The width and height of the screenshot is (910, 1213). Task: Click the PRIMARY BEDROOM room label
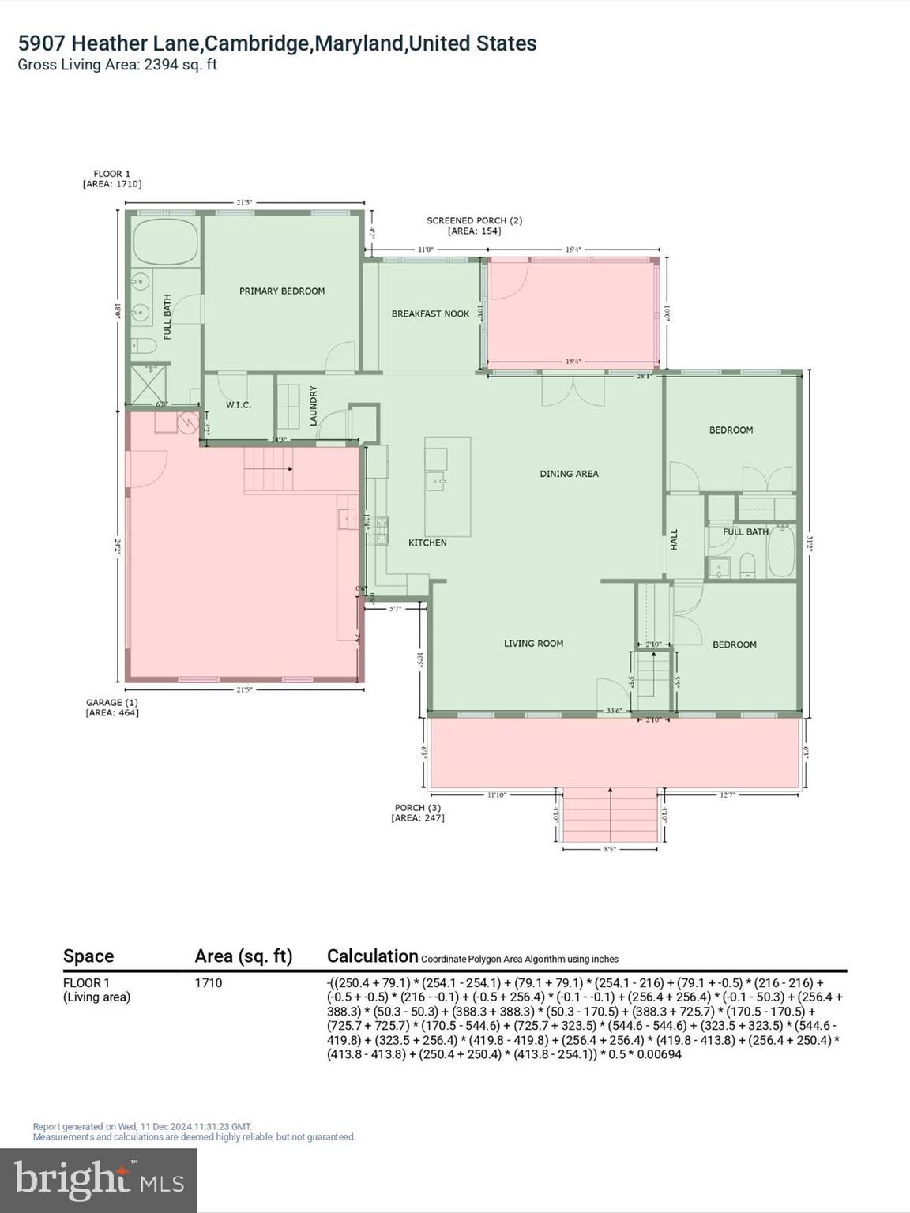point(282,291)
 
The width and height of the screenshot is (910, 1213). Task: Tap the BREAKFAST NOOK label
point(431,314)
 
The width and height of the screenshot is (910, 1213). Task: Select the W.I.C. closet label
point(239,405)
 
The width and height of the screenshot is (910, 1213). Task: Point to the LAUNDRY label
point(313,406)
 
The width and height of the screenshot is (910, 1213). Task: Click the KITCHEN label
point(427,543)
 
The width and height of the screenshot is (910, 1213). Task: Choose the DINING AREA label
point(569,474)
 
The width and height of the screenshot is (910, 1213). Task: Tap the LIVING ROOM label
point(533,644)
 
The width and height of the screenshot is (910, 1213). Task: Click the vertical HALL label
point(674,540)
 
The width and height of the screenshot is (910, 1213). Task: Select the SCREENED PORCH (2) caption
point(474,221)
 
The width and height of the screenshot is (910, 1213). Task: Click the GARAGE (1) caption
point(112,702)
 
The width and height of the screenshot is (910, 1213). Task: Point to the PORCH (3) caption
point(418,808)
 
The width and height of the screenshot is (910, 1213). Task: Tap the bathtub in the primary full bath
point(165,242)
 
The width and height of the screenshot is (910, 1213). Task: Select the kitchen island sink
point(436,479)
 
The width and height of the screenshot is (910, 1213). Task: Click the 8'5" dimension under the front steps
point(609,849)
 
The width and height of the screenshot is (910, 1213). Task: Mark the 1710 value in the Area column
point(209,983)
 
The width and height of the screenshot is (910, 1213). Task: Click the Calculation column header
point(372,956)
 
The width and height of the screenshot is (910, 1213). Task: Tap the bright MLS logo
point(99,1180)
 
